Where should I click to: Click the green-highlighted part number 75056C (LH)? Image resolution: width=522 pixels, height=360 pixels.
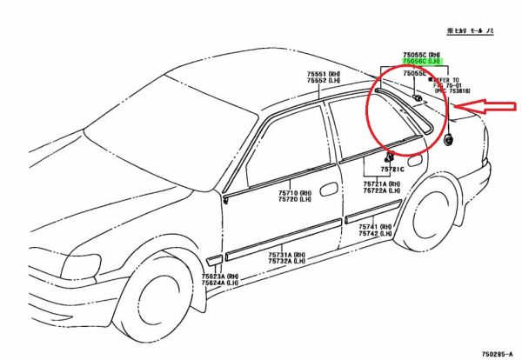(x=421, y=62)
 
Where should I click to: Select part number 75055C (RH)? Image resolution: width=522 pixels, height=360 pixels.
(x=421, y=54)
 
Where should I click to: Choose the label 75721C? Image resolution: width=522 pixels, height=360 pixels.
(x=391, y=168)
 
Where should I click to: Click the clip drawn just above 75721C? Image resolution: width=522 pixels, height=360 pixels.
(x=387, y=157)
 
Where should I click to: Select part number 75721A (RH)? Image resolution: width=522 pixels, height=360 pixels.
(x=382, y=184)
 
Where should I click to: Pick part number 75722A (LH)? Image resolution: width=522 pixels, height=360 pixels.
(x=382, y=191)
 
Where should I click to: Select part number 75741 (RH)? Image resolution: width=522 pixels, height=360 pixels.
(x=375, y=226)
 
